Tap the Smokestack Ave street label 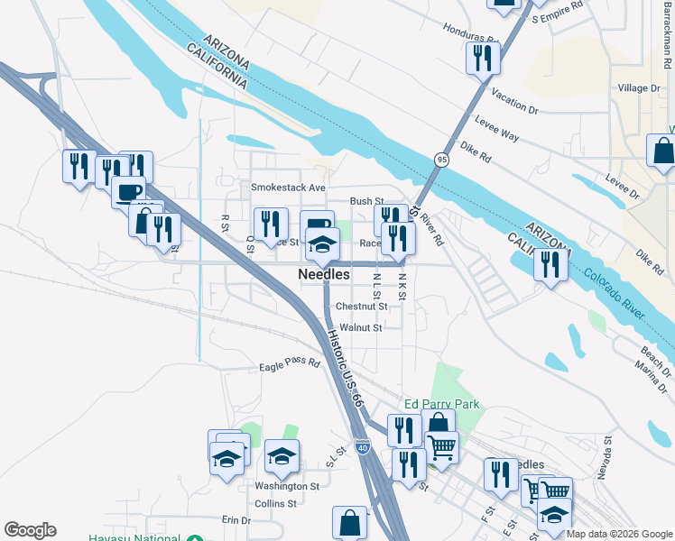coord(288,188)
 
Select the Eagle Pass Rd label coord(290,364)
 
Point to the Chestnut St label coord(361,307)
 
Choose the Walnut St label coord(361,328)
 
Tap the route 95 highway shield coord(441,159)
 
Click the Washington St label coord(287,486)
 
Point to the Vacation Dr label coord(513,102)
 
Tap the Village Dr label coord(639,88)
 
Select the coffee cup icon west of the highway coord(128,190)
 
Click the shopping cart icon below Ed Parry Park coord(441,445)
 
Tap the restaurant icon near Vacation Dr coord(482,59)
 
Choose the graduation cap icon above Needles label coord(322,243)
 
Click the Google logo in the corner coord(30,530)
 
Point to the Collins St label coord(275,504)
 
